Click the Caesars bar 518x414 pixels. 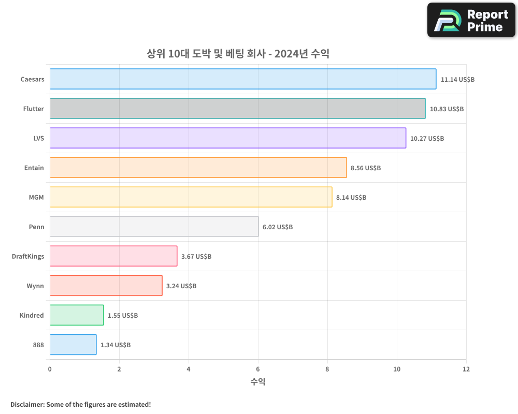pos(243,79)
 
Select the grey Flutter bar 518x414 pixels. pos(238,109)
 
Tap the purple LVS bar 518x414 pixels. pos(228,138)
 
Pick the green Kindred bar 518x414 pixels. pos(77,315)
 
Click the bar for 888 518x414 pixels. pos(73,345)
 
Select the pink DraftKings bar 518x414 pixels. pos(113,256)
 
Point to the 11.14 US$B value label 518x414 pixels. pos(457,80)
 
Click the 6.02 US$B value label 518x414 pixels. pos(278,227)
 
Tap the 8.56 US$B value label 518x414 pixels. pos(366,168)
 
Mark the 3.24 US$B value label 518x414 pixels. pos(181,286)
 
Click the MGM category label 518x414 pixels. pos(36,197)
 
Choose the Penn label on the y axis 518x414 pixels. pos(36,227)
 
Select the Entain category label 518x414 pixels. pos(34,168)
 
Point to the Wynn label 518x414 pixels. pos(35,286)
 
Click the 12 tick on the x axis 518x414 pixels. pos(466,369)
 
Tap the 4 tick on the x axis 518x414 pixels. pos(189,369)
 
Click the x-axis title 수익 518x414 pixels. pos(258,382)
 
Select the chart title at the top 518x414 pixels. pos(238,54)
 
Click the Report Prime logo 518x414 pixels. pos(471,20)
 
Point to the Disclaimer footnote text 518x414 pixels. pos(80,404)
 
